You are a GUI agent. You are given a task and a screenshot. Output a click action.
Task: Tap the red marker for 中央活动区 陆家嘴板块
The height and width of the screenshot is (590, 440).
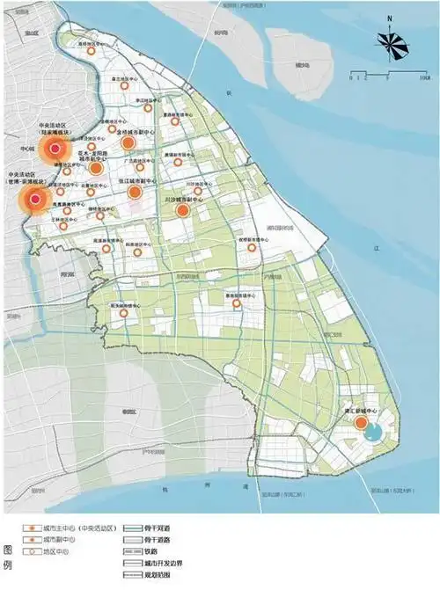coord(55,150)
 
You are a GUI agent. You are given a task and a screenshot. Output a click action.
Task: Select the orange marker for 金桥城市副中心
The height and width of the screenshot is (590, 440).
coord(128,142)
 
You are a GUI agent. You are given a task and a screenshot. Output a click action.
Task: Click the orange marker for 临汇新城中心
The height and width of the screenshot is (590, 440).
coord(361,424)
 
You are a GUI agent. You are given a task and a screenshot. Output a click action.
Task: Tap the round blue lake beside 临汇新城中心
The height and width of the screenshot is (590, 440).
coord(374,431)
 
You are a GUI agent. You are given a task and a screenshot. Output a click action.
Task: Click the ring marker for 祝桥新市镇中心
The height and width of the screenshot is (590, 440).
coord(253,248)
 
